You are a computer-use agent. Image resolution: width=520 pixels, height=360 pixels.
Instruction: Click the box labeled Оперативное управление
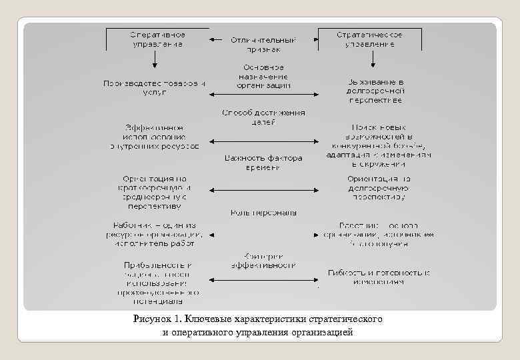click(x=157, y=39)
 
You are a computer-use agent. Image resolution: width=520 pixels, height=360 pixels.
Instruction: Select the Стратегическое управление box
click(x=369, y=39)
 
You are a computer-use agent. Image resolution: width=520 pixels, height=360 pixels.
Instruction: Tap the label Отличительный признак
click(x=263, y=45)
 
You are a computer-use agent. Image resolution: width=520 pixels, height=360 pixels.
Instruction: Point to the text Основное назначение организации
click(x=263, y=77)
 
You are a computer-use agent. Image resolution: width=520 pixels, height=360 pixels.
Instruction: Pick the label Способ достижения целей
click(x=263, y=117)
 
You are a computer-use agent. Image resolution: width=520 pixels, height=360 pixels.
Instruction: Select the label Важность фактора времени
click(x=263, y=163)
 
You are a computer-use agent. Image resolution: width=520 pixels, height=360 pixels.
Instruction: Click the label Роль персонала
click(x=263, y=213)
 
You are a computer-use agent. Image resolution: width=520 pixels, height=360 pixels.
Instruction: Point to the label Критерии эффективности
click(x=263, y=260)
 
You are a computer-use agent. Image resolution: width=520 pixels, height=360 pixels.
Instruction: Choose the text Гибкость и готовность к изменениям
click(x=379, y=277)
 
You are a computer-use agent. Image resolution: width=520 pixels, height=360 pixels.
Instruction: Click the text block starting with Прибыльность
click(x=158, y=278)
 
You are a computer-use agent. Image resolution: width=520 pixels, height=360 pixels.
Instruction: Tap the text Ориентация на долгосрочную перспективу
click(x=379, y=188)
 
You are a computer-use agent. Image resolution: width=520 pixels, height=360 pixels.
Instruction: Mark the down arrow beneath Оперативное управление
click(x=155, y=60)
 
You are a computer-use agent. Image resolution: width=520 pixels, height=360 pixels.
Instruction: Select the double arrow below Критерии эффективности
click(x=263, y=278)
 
